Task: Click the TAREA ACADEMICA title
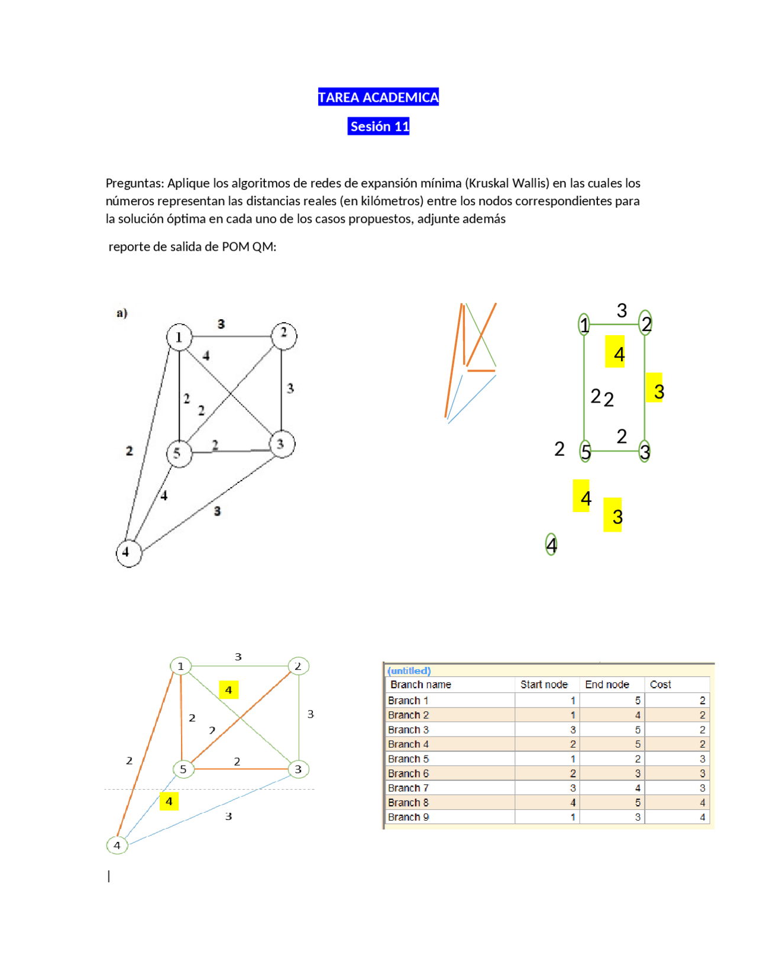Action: coord(378,97)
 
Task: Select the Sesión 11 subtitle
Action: coord(378,126)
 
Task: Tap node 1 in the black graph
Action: coord(179,337)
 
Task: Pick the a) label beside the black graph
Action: coord(122,313)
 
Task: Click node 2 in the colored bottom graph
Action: coord(298,666)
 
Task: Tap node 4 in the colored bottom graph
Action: coord(117,845)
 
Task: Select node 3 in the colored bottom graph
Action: coord(298,769)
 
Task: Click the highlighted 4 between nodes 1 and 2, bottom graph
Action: coord(228,690)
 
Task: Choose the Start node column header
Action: coord(544,685)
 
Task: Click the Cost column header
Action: coord(660,685)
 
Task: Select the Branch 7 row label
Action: coord(408,788)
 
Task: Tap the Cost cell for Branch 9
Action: coord(702,817)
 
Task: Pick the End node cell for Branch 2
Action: coord(638,715)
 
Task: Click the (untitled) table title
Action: coord(409,670)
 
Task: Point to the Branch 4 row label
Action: coord(408,744)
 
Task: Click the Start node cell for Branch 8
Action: coord(572,803)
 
